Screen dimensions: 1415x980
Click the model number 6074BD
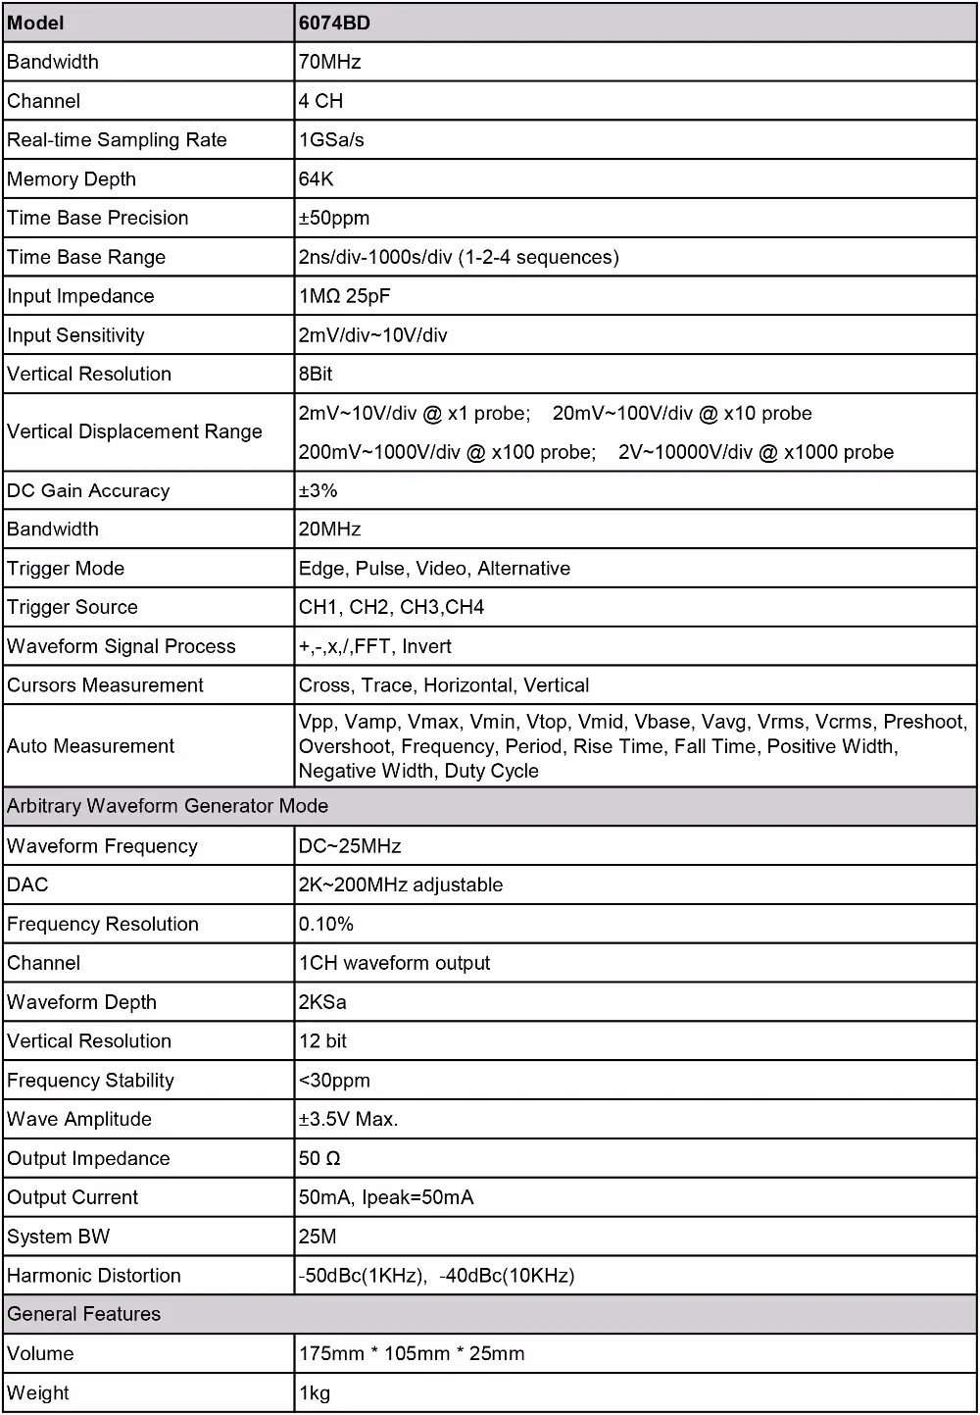334,23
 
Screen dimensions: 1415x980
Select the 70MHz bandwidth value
329,62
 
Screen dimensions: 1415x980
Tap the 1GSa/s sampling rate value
331,140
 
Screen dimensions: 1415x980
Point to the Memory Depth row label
72,179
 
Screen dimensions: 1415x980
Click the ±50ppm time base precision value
334,218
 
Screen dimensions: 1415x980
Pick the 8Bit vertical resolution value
316,374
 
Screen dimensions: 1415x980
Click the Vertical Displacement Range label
134,431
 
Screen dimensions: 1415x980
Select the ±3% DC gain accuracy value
318,490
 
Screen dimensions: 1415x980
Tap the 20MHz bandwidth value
329,530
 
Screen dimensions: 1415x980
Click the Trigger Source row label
73,607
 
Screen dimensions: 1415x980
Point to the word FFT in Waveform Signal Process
371,646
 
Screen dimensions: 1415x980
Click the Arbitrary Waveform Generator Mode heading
168,806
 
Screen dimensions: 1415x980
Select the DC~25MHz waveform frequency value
350,846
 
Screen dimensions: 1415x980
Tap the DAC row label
27,884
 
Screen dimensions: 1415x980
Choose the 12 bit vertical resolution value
322,1041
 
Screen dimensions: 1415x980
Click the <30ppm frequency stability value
334,1081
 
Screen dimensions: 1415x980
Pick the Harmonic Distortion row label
94,1276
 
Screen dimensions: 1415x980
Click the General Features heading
83,1314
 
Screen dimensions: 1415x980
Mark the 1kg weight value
315,1393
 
